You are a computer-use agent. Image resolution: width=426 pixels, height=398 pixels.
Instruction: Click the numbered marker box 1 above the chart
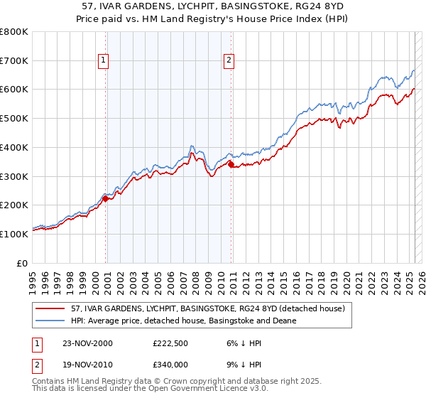pyautogui.click(x=104, y=61)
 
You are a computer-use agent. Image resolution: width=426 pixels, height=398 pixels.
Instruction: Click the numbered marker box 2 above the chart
pyautogui.click(x=229, y=61)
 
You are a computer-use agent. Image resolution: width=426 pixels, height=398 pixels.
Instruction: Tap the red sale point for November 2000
pyautogui.click(x=106, y=199)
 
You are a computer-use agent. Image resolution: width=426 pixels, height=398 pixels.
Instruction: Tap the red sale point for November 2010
pyautogui.click(x=231, y=165)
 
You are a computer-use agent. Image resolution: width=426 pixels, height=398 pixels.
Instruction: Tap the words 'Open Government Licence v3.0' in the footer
pyautogui.click(x=201, y=390)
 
